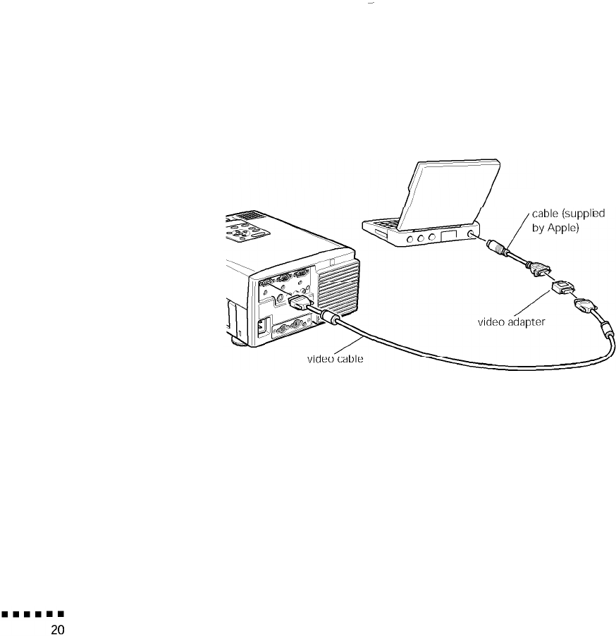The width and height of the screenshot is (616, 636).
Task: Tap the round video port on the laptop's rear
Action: tap(470, 233)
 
